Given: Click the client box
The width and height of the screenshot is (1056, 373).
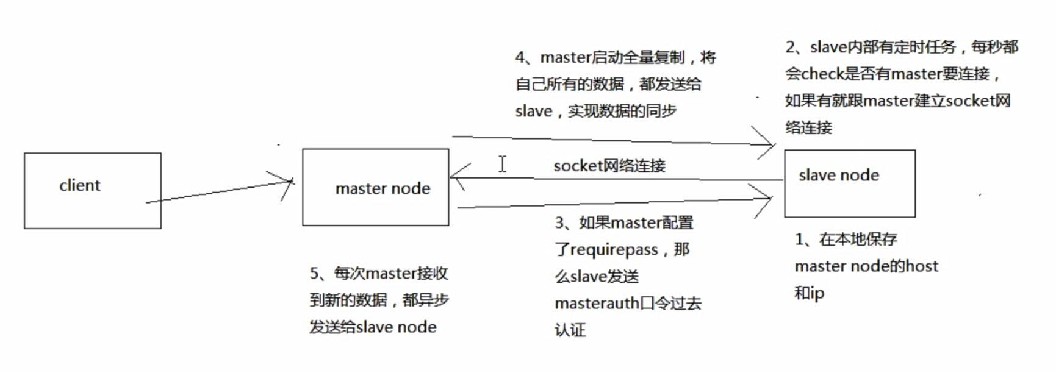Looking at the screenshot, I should click(x=92, y=191).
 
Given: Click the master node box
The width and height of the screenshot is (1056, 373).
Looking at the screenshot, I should click(x=375, y=188).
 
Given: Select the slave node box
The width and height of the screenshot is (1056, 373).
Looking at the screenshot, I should click(x=849, y=183).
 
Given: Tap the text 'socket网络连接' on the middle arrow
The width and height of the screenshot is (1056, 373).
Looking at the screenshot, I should click(x=609, y=166).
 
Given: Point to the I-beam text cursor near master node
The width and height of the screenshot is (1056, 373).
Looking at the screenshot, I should click(x=502, y=164).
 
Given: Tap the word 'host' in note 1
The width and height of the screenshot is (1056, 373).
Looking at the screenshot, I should click(x=922, y=266).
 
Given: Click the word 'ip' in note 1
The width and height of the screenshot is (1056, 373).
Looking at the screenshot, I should click(x=817, y=294).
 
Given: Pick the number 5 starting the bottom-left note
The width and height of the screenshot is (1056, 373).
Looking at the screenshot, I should click(x=314, y=274).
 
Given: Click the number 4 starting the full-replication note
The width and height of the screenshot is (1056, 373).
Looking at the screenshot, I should click(x=520, y=58).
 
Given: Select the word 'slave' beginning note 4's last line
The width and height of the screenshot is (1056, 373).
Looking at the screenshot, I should click(x=533, y=112).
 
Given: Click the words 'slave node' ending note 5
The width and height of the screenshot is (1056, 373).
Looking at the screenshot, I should click(x=397, y=327).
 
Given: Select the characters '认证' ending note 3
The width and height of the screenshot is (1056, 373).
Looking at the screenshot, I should click(x=570, y=330).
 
